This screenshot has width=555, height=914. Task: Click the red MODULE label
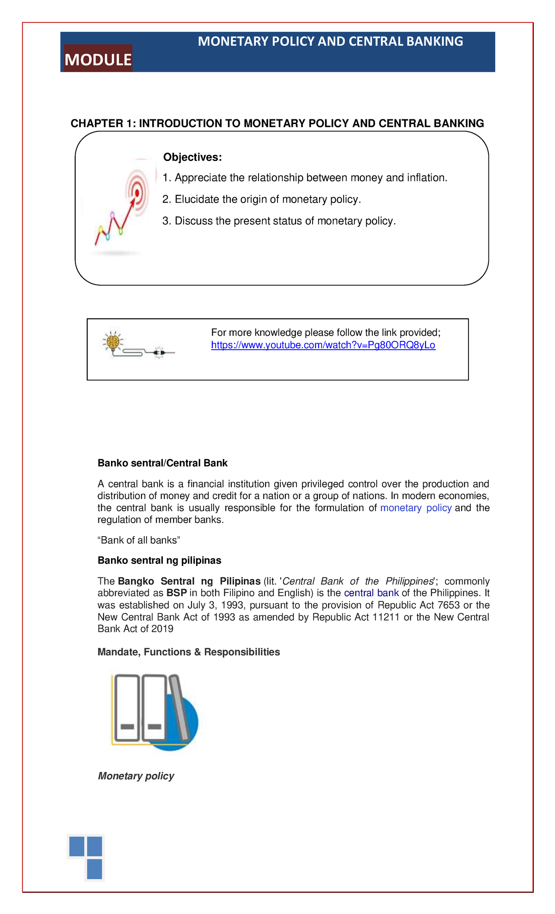[x=98, y=59]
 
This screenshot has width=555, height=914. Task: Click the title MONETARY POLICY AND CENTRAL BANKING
[x=330, y=42]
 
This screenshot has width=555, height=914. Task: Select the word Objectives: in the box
[x=192, y=157]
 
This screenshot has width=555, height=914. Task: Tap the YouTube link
[x=323, y=346]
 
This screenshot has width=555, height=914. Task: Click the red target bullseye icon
[x=137, y=192]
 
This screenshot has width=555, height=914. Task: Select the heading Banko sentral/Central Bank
[x=162, y=463]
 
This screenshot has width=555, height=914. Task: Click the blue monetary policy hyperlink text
[x=415, y=508]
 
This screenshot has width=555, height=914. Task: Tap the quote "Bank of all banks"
[x=138, y=540]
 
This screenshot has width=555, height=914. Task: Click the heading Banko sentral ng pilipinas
[x=159, y=561]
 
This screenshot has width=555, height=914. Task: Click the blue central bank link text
[x=371, y=593]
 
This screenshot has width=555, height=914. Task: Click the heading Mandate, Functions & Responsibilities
[x=189, y=652]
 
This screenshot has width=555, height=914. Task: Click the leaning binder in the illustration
[x=179, y=708]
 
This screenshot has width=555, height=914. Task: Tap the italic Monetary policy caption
[x=136, y=776]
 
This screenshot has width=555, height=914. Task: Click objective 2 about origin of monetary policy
[x=261, y=199]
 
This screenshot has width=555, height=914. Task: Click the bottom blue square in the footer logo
[x=94, y=869]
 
